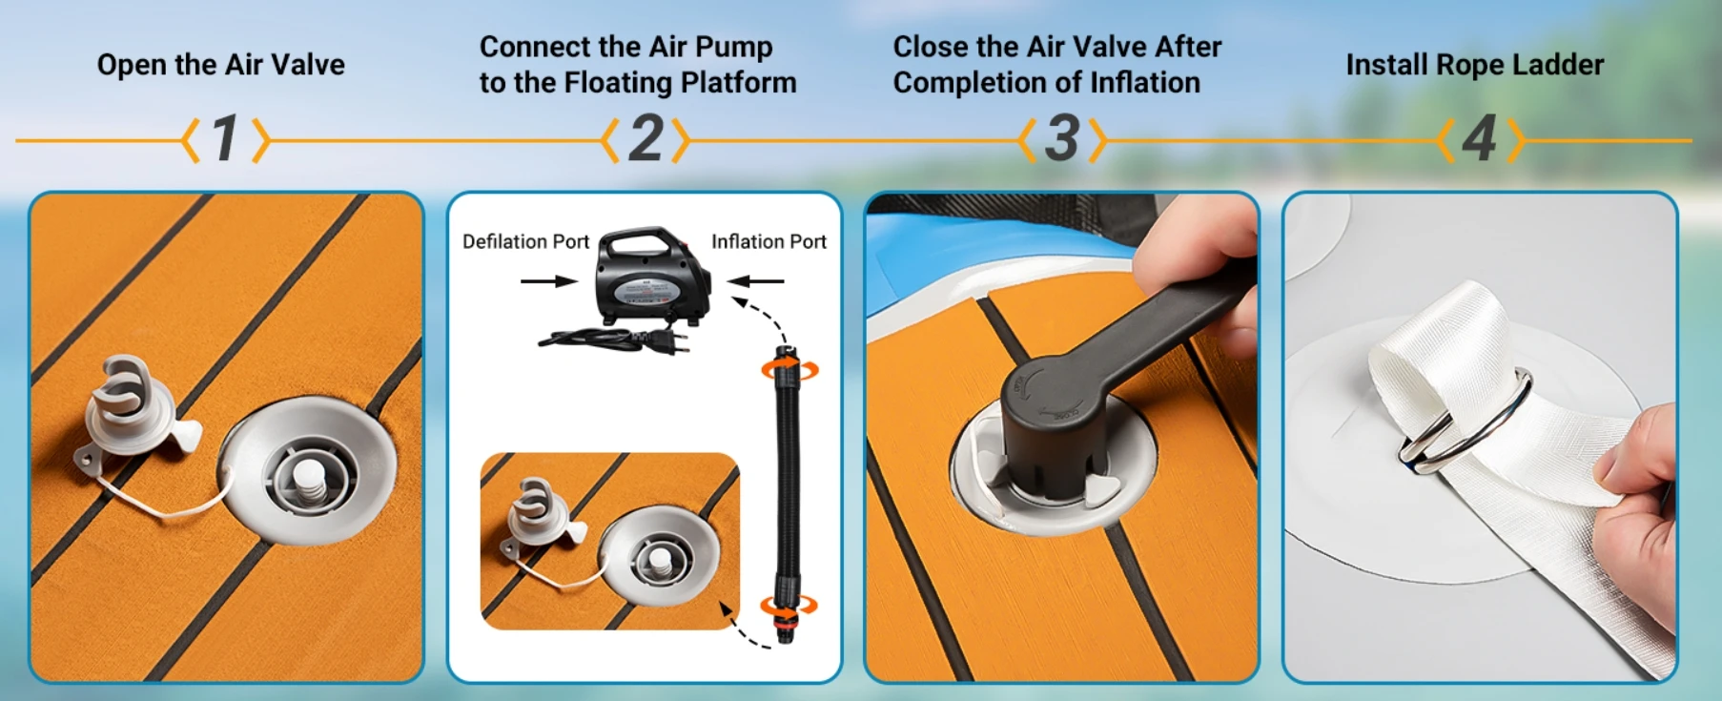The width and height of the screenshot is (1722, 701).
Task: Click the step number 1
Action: coord(225,138)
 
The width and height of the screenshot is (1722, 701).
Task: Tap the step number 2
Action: coord(646,138)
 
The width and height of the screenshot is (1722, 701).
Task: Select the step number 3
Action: coord(1062,138)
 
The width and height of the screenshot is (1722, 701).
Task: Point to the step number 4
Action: coord(1480,139)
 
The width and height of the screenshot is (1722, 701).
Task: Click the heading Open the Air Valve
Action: coord(221,65)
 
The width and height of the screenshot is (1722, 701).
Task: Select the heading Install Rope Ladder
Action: coord(1475,65)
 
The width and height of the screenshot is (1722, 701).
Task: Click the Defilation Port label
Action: coord(525,241)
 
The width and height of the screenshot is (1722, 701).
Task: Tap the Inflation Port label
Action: coord(769,241)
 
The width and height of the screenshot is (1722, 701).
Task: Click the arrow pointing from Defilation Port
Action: coord(549,281)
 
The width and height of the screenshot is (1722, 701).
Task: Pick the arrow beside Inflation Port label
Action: coord(755,281)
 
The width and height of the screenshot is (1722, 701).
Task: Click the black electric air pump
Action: coord(653,277)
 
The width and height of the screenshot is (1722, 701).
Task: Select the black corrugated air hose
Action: coord(788,486)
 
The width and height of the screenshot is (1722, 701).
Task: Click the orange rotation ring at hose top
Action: coord(789,369)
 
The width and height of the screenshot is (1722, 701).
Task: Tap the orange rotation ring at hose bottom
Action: coord(788,606)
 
